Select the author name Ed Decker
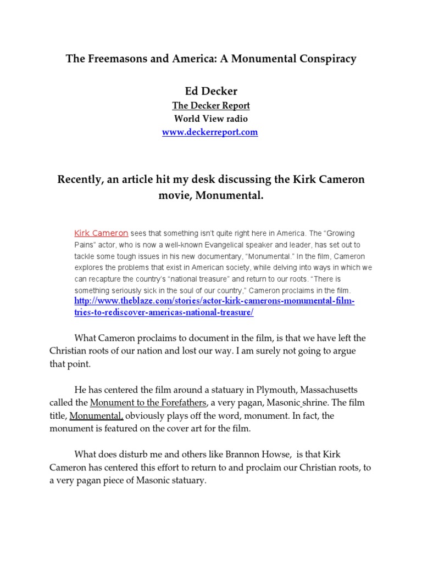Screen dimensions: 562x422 210,91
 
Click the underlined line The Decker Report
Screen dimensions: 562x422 210,105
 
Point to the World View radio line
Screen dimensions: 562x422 210,119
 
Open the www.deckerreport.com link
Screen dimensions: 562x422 210,132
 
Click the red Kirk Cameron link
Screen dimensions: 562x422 101,232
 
